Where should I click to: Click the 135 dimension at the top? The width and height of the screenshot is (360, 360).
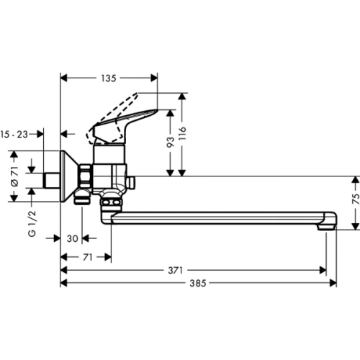(108, 77)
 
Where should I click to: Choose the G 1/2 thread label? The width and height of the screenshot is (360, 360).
(31, 224)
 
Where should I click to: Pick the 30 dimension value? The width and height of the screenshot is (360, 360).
(72, 238)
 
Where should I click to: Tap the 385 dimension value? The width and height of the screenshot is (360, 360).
(198, 283)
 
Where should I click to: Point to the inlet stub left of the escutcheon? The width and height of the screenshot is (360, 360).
(51, 180)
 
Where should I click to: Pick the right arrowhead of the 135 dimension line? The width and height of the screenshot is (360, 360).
(153, 77)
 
